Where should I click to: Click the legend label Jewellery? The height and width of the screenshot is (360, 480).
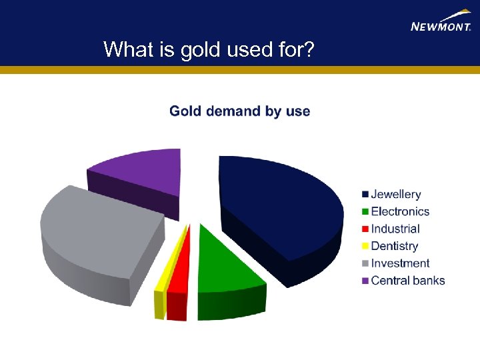[396, 195]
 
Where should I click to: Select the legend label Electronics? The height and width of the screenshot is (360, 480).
[400, 212]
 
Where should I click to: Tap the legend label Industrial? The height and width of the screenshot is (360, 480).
[395, 229]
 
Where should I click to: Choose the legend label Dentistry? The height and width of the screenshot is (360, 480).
[395, 247]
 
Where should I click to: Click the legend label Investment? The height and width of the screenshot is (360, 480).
[400, 264]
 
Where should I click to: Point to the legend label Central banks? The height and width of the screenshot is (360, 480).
[408, 281]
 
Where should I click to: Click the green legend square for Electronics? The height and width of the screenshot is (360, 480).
[365, 212]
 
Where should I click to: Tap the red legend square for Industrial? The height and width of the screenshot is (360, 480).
[365, 229]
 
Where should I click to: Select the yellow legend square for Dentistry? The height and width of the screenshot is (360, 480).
[365, 247]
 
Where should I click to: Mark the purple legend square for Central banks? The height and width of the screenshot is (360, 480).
[365, 281]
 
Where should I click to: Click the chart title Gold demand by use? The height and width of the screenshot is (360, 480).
[240, 111]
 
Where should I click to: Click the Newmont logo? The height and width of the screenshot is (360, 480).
[441, 21]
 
